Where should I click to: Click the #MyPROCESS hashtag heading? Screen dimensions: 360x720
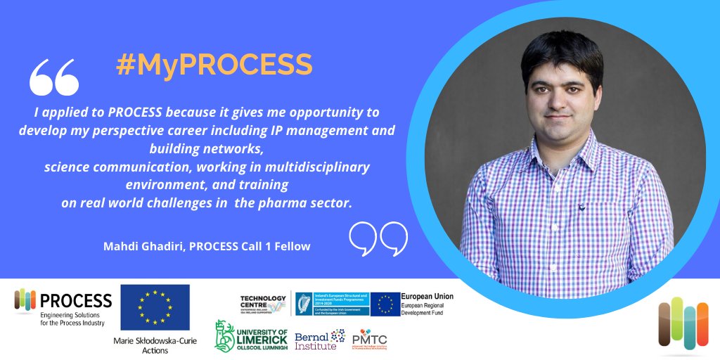(x=214, y=65)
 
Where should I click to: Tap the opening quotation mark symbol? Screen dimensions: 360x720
(x=54, y=78)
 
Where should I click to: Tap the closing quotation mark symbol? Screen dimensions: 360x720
(x=378, y=238)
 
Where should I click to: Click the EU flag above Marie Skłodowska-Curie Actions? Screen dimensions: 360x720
(x=155, y=307)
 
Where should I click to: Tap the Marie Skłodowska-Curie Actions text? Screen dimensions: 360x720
(x=155, y=345)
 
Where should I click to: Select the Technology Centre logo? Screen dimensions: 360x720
(x=263, y=304)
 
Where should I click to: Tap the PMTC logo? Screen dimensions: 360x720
(x=369, y=340)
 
